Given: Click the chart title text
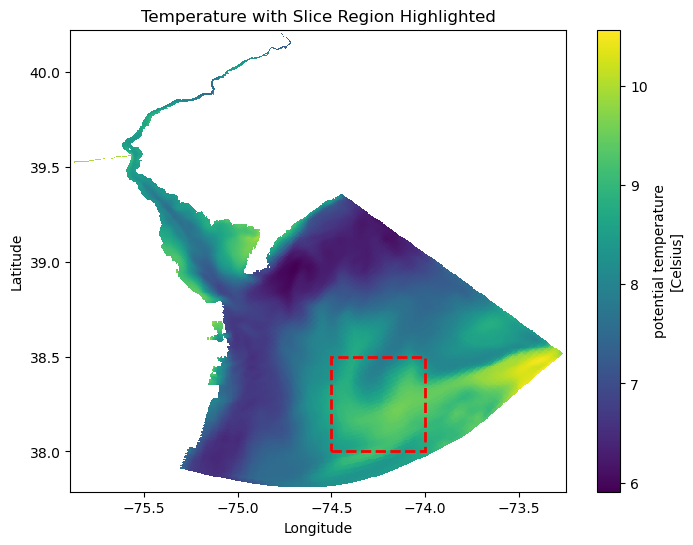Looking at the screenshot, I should pos(318,16).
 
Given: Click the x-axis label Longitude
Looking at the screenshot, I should pos(318,528).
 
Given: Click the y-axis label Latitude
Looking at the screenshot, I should pos(17,262).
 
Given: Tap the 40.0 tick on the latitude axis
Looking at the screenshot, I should pos(46,73).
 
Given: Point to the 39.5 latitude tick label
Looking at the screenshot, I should pos(46,168).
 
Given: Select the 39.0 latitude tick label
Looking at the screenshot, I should pos(46,263).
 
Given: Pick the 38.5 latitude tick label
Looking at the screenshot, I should pos(46,358).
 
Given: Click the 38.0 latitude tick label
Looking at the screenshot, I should pos(46,452).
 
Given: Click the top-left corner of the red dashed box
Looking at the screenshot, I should pos(332,357).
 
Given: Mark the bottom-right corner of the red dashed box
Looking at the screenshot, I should pos(426,451).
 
